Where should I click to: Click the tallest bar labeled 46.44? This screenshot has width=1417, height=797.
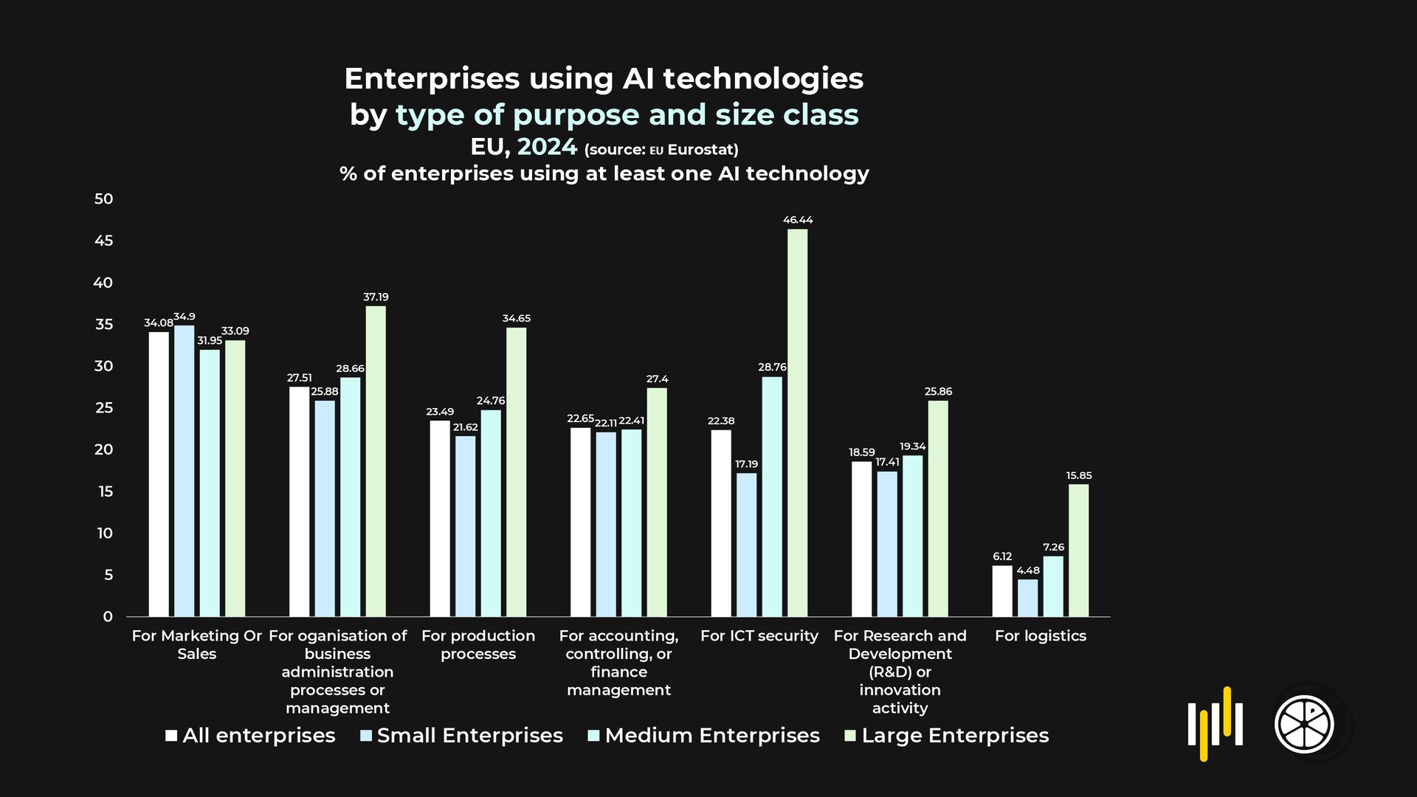pyautogui.click(x=797, y=422)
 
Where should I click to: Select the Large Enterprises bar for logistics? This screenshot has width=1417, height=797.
pyautogui.click(x=1078, y=550)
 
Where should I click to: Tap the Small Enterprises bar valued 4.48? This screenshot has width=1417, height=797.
pyautogui.click(x=1027, y=598)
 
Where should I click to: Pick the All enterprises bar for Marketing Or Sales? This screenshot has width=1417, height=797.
pyautogui.click(x=159, y=474)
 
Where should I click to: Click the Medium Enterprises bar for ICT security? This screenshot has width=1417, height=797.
pyautogui.click(x=772, y=496)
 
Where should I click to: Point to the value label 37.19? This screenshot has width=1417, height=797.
pyautogui.click(x=376, y=297)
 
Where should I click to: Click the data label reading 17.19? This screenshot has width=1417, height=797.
pyautogui.click(x=746, y=464)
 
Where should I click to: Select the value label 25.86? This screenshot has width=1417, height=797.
pyautogui.click(x=938, y=391)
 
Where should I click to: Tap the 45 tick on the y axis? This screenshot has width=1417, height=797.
pyautogui.click(x=104, y=241)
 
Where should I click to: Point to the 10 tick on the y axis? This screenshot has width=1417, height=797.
pyautogui.click(x=105, y=533)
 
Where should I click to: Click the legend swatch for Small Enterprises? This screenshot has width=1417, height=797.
pyautogui.click(x=366, y=736)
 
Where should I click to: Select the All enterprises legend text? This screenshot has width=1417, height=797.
pyautogui.click(x=258, y=736)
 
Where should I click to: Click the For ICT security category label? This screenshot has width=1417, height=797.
pyautogui.click(x=759, y=636)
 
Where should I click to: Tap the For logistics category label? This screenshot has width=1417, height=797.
pyautogui.click(x=1040, y=636)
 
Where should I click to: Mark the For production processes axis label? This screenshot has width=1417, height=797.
pyautogui.click(x=478, y=645)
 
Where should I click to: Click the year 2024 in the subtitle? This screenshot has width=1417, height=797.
pyautogui.click(x=547, y=147)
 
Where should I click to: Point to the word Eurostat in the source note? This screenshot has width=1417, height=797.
pyautogui.click(x=703, y=150)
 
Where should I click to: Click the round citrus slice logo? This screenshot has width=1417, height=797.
pyautogui.click(x=1304, y=724)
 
